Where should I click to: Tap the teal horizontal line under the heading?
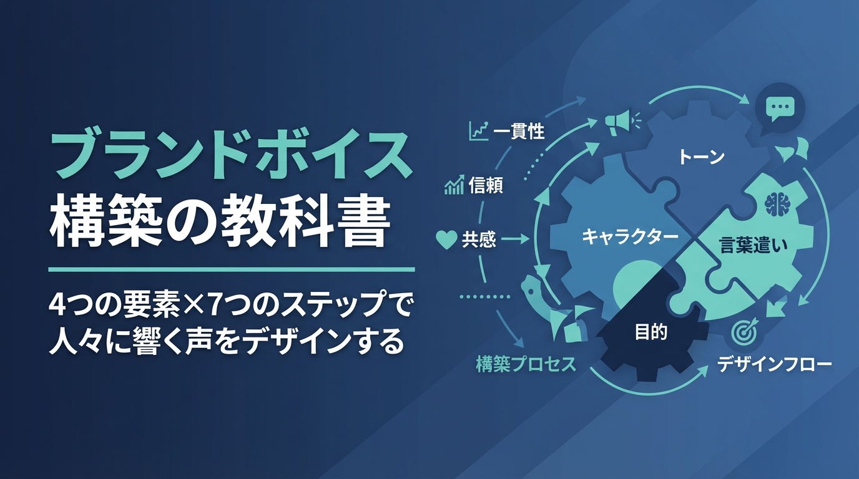(231, 270)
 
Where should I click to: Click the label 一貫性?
(519, 132)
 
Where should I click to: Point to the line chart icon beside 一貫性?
(479, 131)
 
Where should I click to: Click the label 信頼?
(486, 186)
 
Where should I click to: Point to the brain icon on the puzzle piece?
(775, 203)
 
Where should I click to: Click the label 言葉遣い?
(753, 245)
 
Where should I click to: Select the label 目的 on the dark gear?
(651, 332)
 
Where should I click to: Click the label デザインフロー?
(775, 364)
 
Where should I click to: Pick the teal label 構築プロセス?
(526, 364)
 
